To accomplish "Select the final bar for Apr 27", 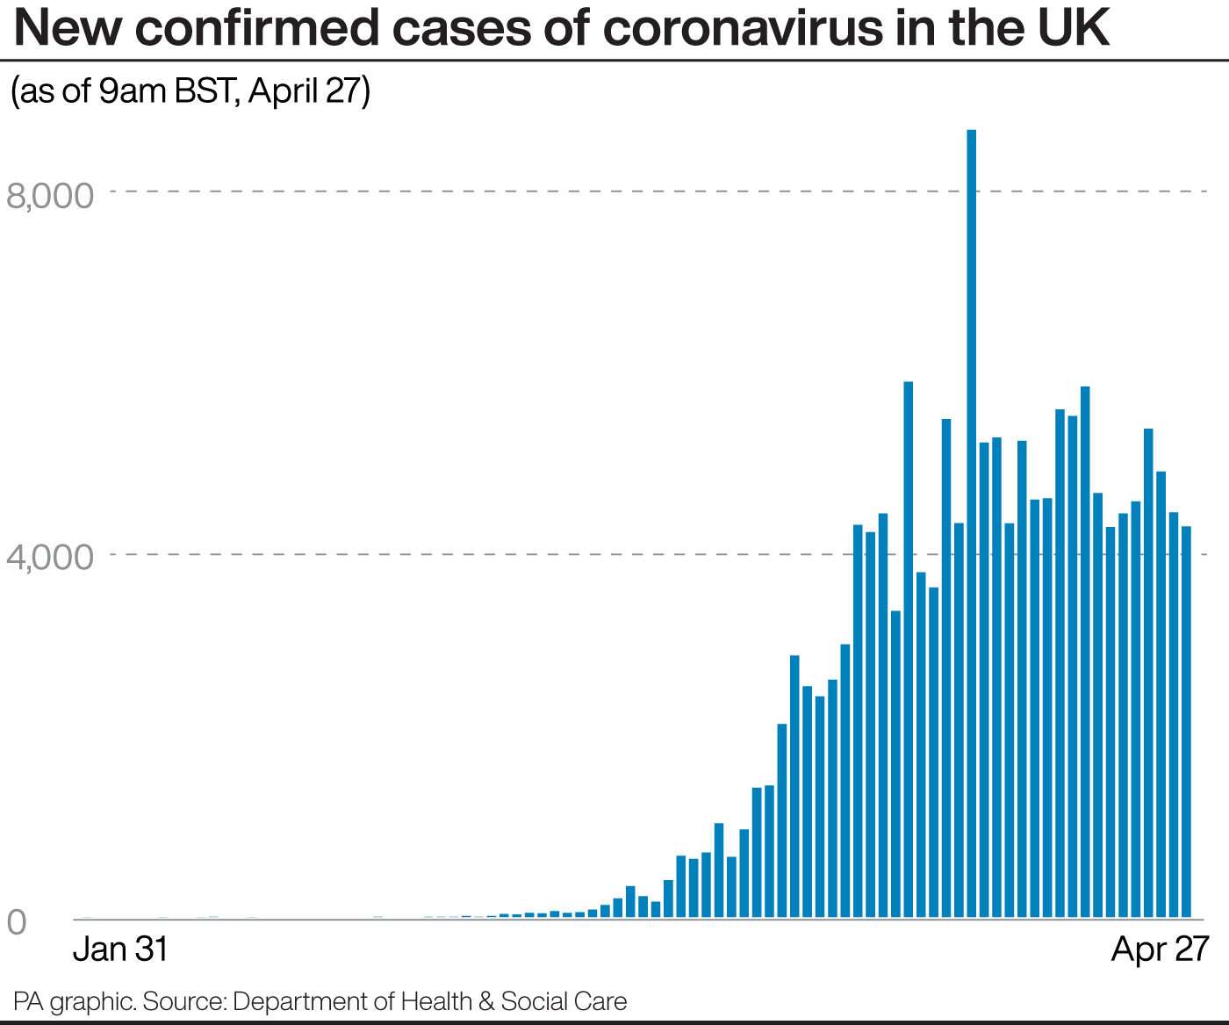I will click(x=1186, y=720).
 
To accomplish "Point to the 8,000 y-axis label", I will click(x=50, y=195).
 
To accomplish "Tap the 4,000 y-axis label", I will click(x=50, y=557).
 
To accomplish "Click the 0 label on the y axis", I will click(x=17, y=922).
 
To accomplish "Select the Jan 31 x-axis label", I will click(x=119, y=949).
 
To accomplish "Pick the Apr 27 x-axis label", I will click(x=1160, y=949).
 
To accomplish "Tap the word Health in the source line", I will click(x=436, y=1001).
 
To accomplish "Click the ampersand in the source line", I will click(x=487, y=1001).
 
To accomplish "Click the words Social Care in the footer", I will click(x=564, y=1001).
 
